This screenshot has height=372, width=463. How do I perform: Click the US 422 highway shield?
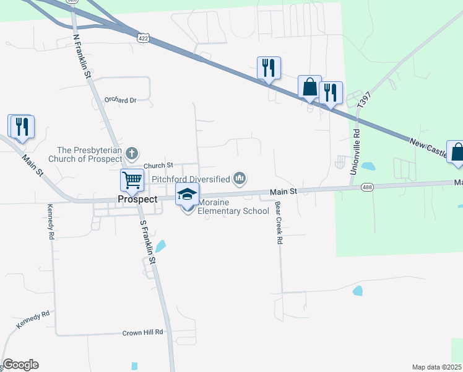(x=142, y=38)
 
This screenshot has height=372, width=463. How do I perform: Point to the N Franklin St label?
(x=82, y=55)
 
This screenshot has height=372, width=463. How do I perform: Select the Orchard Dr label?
(x=120, y=100)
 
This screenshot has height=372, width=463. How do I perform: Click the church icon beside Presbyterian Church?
(x=131, y=153)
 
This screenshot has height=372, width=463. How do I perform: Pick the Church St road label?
(x=158, y=166)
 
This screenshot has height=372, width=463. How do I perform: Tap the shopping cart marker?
(x=132, y=180)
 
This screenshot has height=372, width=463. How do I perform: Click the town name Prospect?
(x=137, y=199)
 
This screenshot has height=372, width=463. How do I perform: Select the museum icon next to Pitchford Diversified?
(x=240, y=179)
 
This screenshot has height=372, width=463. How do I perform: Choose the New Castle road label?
(x=431, y=147)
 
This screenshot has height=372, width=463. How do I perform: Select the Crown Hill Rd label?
(x=142, y=332)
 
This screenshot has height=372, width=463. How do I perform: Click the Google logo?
(x=21, y=365)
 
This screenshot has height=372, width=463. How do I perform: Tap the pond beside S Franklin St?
(x=160, y=246)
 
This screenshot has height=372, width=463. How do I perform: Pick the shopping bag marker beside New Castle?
(x=457, y=153)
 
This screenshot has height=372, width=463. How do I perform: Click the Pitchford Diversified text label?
(x=191, y=179)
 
